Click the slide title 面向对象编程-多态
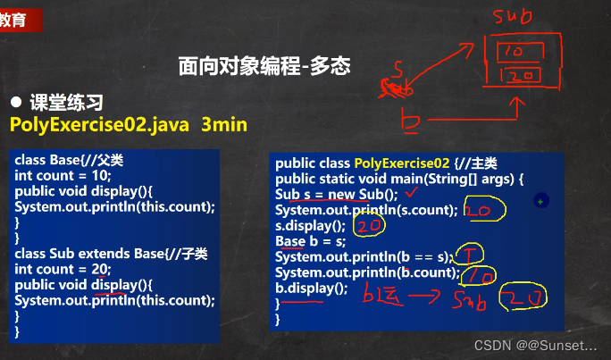point(264,66)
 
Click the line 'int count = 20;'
point(62,269)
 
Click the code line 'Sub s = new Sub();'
point(335,195)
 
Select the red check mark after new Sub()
point(413,191)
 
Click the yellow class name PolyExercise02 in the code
point(402,163)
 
